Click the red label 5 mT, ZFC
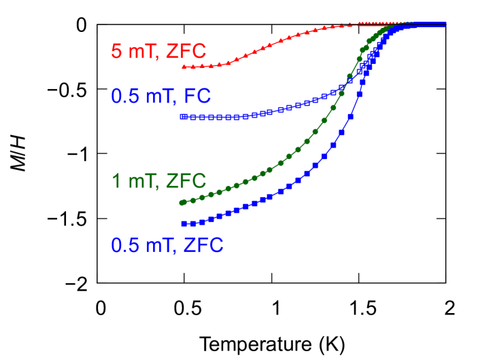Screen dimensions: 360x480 pyautogui.click(x=158, y=52)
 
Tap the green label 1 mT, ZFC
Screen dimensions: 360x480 pyautogui.click(x=158, y=181)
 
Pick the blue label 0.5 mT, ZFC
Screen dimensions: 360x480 pyautogui.click(x=167, y=245)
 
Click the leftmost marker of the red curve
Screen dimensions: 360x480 pyautogui.click(x=184, y=67)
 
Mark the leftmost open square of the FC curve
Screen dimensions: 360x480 pyautogui.click(x=182, y=117)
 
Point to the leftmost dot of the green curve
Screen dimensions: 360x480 pyautogui.click(x=182, y=202)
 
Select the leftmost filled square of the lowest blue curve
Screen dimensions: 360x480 pyautogui.click(x=183, y=223)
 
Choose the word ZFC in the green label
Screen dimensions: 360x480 pyautogui.click(x=186, y=181)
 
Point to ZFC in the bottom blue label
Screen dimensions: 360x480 pyautogui.click(x=203, y=245)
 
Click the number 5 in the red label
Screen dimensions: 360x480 pyautogui.click(x=116, y=52)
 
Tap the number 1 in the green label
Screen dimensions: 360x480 pyautogui.click(x=116, y=181)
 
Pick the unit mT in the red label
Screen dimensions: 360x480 pyautogui.click(x=142, y=52)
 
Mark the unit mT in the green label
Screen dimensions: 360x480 pyautogui.click(x=142, y=181)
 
